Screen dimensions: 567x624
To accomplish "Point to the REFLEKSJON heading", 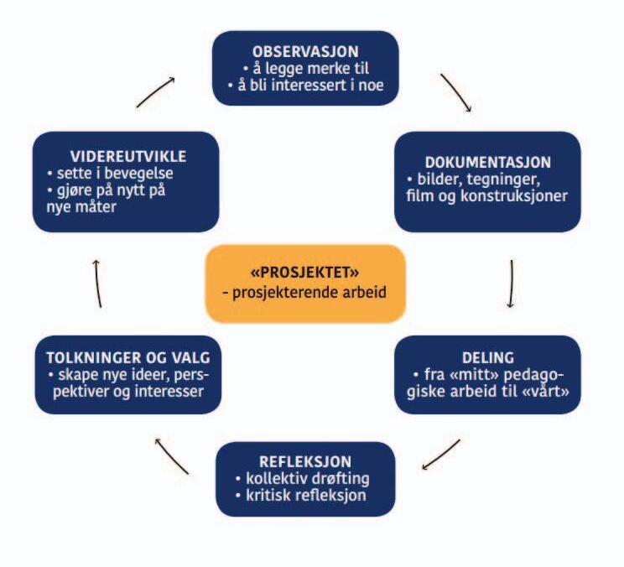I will click(304, 461).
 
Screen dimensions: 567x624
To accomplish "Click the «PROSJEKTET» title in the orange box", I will click(304, 273).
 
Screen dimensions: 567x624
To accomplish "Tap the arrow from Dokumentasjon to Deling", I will click(511, 285).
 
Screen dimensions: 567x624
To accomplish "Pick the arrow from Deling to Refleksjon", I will click(441, 453).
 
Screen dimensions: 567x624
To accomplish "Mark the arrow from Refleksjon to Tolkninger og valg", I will click(172, 453).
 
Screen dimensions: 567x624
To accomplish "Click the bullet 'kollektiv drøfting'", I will click(308, 479).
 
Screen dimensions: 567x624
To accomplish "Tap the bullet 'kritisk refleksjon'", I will click(306, 496).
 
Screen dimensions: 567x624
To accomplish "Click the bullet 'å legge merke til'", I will click(304, 69).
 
